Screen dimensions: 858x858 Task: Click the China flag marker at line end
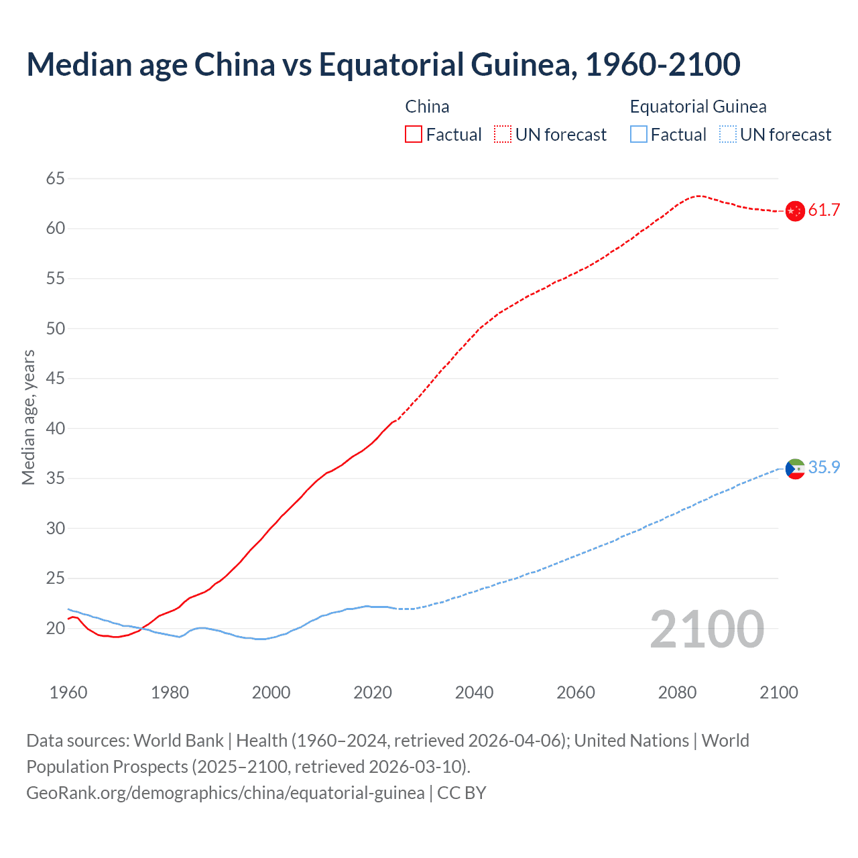[x=795, y=211]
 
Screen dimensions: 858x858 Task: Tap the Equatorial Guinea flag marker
[x=795, y=469]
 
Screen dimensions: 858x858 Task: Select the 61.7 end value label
[x=824, y=210]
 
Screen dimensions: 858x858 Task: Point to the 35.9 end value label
[x=824, y=468]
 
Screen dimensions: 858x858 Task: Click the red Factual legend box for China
[x=414, y=135]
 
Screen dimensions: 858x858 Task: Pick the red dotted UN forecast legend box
[x=503, y=135]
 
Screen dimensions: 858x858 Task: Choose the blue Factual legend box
[x=639, y=135]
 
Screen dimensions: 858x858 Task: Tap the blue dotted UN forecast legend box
[x=728, y=135]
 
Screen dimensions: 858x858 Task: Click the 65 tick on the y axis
[x=56, y=178]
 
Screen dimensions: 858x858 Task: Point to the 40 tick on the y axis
[x=56, y=428]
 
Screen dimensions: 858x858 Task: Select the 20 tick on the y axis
[x=56, y=628]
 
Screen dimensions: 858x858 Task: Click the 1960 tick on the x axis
[x=68, y=692]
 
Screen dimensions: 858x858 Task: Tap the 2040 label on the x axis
[x=475, y=692]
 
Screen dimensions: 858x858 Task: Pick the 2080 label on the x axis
[x=678, y=692]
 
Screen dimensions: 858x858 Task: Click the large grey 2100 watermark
[x=707, y=629]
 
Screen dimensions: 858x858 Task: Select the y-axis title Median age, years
[x=29, y=417]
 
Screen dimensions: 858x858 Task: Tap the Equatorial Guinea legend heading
[x=698, y=107]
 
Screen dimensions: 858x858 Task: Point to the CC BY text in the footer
[x=462, y=793]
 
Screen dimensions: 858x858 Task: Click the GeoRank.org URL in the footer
[x=225, y=793]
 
